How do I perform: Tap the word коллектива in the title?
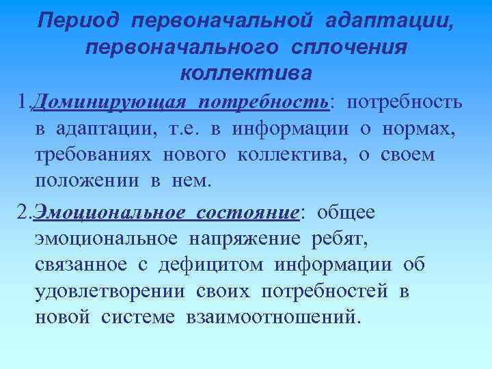(246, 71)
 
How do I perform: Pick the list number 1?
(22, 103)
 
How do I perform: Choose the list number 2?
(22, 213)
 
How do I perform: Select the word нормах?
(428, 129)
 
